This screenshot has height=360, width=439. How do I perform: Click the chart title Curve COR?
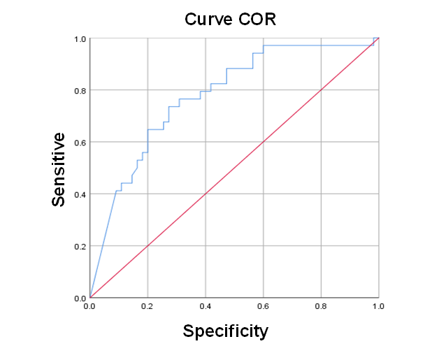pos(230,19)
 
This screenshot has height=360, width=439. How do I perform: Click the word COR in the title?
pos(257,19)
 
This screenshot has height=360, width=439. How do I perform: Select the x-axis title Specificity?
pos(225,331)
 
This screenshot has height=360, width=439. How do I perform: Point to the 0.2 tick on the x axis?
pos(147,306)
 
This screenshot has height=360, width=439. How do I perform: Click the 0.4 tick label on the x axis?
pos(206,306)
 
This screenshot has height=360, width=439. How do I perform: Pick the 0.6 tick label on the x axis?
pos(263,306)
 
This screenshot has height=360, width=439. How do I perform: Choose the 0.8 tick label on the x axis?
pos(321,306)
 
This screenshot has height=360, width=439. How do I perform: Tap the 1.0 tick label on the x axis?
pos(378,306)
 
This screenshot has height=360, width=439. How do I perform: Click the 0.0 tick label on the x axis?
pos(90,306)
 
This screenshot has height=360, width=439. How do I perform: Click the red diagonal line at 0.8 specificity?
pos(321,90)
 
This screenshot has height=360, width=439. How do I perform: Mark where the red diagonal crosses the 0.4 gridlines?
pos(206,194)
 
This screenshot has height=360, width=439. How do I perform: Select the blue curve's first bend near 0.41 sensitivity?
pos(116,191)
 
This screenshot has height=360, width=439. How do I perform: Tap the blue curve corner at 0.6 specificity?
pos(263,46)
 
